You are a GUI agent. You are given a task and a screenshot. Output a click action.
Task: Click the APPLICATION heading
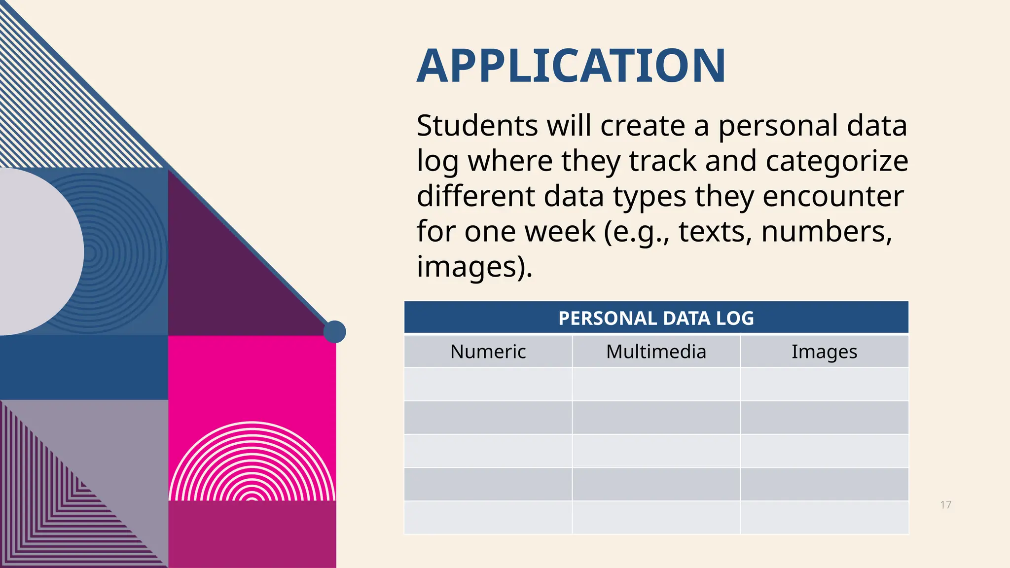click(571, 66)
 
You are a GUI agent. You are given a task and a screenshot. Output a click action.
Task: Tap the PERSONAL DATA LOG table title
click(656, 318)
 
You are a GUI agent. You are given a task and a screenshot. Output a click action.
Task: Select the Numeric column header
click(488, 352)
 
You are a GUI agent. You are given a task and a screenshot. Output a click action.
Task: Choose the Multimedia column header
click(656, 352)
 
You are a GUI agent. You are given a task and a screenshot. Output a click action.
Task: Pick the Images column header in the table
click(824, 352)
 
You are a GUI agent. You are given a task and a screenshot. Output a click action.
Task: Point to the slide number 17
click(945, 504)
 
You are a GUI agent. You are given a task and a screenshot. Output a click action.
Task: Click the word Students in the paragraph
click(477, 126)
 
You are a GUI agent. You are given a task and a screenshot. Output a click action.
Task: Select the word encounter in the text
click(833, 196)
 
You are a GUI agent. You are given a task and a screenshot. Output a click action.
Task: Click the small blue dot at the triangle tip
click(334, 332)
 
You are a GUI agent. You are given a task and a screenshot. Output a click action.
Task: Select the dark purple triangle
click(217, 276)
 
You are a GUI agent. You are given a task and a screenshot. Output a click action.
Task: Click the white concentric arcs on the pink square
click(252, 463)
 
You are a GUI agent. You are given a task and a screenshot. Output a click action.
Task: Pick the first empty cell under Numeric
click(488, 384)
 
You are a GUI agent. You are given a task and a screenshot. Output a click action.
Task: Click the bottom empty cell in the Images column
click(824, 517)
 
